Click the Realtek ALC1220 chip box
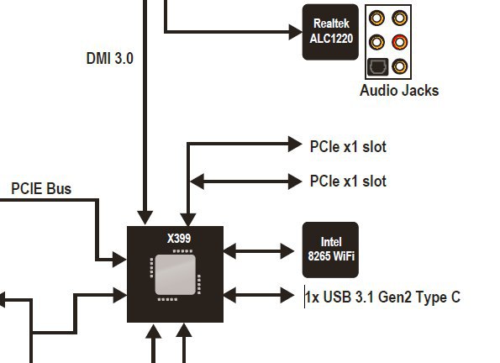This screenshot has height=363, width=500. [x=330, y=32]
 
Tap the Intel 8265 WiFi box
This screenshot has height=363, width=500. [x=330, y=250]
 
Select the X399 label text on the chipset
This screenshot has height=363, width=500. [x=179, y=239]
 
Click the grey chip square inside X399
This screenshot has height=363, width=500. [x=175, y=275]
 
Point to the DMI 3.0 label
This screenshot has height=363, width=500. [x=110, y=58]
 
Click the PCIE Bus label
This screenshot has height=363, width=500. [x=41, y=188]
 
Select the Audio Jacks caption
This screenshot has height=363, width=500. [x=399, y=91]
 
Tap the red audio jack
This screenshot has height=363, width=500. [x=399, y=42]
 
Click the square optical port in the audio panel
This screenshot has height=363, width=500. [x=377, y=66]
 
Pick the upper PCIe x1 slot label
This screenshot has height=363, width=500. [x=348, y=147]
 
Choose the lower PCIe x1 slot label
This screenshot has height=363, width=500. [x=348, y=181]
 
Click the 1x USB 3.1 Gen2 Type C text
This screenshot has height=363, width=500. [x=382, y=297]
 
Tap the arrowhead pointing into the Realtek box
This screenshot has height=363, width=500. [x=295, y=32]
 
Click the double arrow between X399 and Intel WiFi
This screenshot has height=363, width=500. [x=259, y=251]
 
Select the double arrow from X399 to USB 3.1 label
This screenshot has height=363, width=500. [x=259, y=295]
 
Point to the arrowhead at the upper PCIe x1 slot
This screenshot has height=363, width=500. [x=295, y=144]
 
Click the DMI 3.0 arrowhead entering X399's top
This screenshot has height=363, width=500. [x=145, y=218]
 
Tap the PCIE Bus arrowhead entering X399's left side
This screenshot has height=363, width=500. [x=120, y=260]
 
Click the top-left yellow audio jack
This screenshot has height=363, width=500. [x=376, y=18]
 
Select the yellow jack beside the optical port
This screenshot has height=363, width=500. [x=399, y=66]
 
